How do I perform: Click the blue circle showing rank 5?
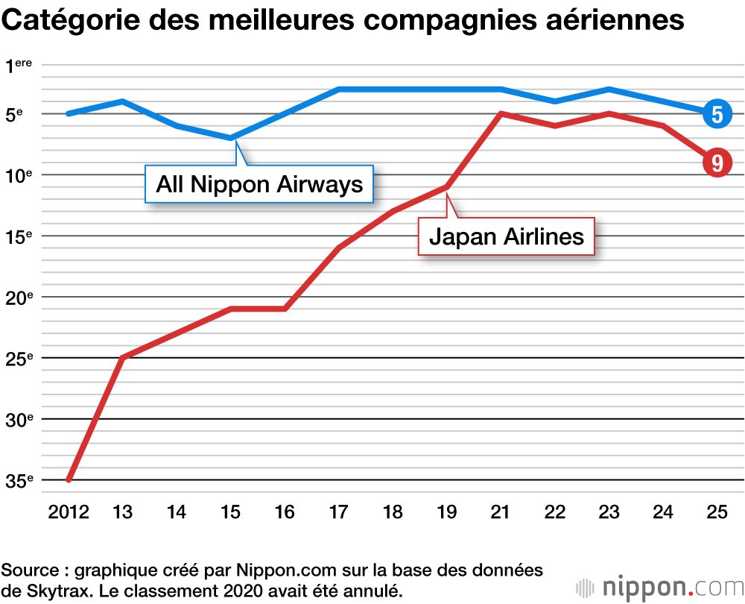[x=717, y=114]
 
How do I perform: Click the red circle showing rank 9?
[x=717, y=163]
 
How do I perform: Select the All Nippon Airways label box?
[x=259, y=184]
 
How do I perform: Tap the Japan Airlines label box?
[x=506, y=237]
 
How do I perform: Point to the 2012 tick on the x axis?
[x=68, y=512]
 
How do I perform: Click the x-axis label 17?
[x=339, y=512]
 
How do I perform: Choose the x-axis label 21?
[x=501, y=512]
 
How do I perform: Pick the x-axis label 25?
[x=717, y=512]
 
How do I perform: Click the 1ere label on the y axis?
[x=19, y=67]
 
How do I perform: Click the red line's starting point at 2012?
[x=69, y=479]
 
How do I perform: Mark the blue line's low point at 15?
[x=231, y=138]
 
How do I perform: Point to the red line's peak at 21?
[x=501, y=113]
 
